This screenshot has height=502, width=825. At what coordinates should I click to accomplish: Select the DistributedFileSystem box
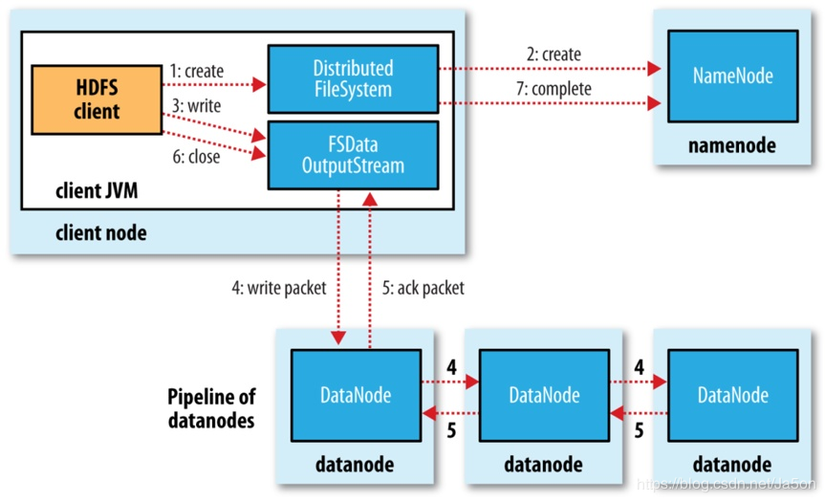(x=353, y=79)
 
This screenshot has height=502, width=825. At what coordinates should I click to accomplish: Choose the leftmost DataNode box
(x=356, y=394)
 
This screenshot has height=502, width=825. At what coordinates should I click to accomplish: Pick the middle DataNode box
(x=544, y=394)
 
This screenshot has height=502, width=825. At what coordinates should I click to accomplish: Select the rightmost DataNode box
(x=732, y=394)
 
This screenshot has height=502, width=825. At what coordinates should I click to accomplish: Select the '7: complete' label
(x=556, y=89)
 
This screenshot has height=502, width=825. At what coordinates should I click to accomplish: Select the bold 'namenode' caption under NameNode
(x=732, y=146)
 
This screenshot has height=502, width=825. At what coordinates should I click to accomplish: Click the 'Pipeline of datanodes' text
(x=211, y=407)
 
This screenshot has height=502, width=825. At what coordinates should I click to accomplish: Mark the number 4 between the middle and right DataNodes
(x=638, y=366)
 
